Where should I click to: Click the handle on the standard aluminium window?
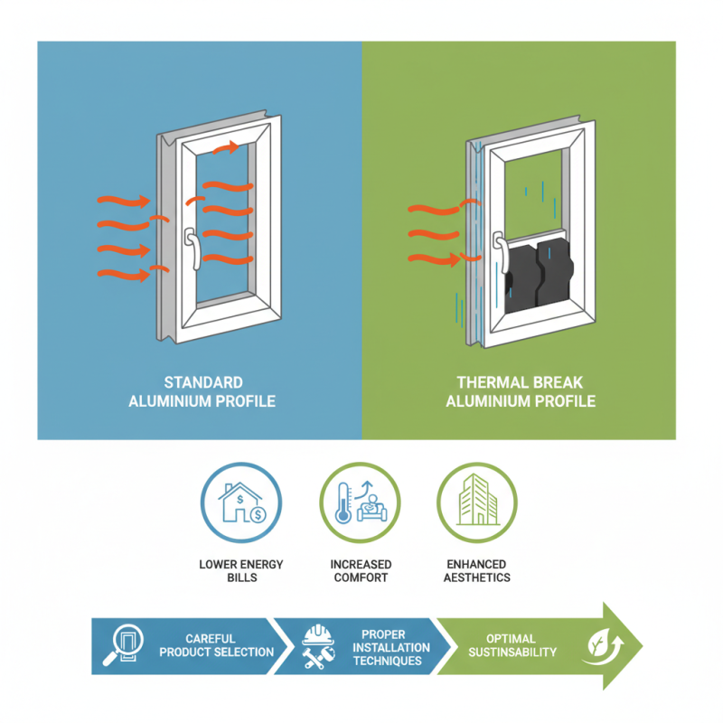click(191, 249)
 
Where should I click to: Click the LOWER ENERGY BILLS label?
click(240, 570)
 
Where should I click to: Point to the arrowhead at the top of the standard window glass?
click(232, 147)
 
